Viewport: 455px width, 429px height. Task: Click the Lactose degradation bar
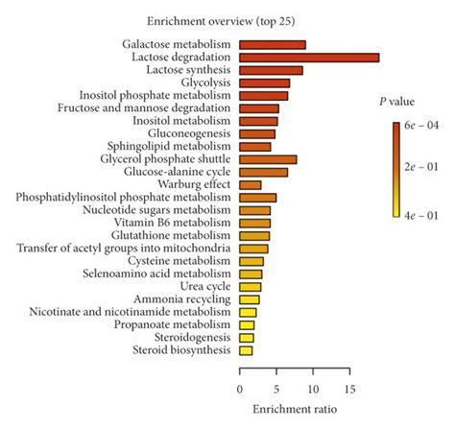[308, 58]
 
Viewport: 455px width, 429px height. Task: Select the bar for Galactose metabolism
[272, 45]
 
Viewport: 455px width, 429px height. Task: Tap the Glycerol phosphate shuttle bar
[268, 159]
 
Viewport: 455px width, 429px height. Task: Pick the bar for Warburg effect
[250, 184]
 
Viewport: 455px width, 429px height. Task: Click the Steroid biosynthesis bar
[246, 350]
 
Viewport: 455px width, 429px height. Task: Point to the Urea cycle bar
[250, 287]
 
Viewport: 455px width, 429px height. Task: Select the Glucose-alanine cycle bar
[263, 172]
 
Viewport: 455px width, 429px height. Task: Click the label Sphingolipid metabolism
[172, 146]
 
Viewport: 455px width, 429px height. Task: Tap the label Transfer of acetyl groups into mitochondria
[123, 248]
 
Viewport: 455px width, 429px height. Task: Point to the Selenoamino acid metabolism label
[161, 274]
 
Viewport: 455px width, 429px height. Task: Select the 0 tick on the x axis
[239, 390]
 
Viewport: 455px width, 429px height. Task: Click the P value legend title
[395, 100]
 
